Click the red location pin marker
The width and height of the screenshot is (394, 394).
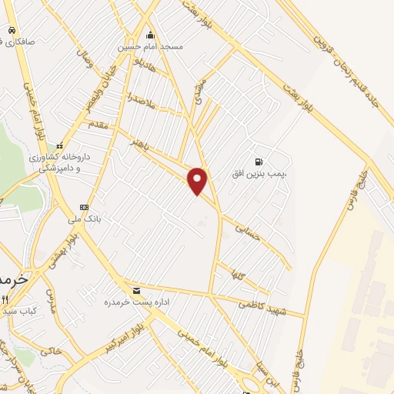(199, 180)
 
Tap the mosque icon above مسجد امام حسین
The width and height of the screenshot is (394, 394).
(149, 35)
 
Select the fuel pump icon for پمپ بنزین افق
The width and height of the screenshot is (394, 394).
(259, 162)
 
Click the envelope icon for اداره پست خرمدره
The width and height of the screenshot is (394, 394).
(137, 290)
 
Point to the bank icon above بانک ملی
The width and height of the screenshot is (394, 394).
(84, 207)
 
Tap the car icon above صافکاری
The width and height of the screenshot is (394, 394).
(12, 29)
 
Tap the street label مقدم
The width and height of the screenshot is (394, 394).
(100, 122)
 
